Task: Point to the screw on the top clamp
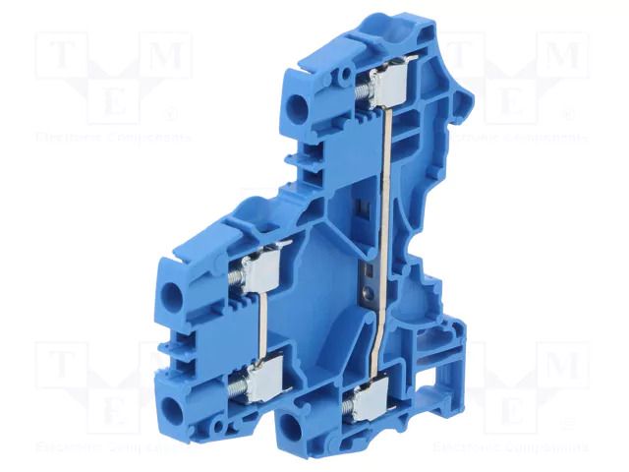point(362,88)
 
